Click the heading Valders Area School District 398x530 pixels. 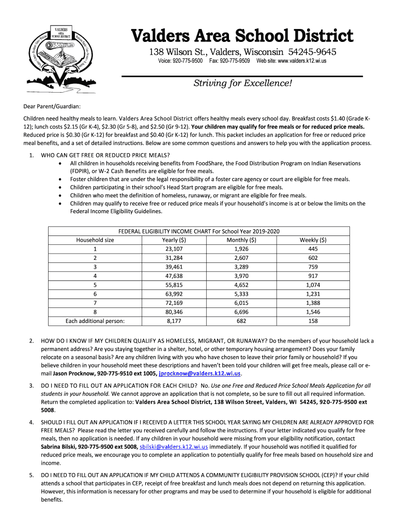[242, 36]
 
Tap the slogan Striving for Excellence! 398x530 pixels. [242, 83]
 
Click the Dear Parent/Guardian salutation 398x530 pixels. [52, 107]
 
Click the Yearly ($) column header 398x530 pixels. [174, 240]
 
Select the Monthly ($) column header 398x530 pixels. [241, 240]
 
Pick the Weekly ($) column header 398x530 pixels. [313, 240]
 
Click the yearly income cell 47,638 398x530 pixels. [174, 276]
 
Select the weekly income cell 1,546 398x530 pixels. [313, 312]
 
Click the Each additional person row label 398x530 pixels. [95, 321]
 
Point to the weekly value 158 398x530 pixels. [313, 321]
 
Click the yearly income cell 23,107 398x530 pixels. [174, 249]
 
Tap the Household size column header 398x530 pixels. [95, 240]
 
